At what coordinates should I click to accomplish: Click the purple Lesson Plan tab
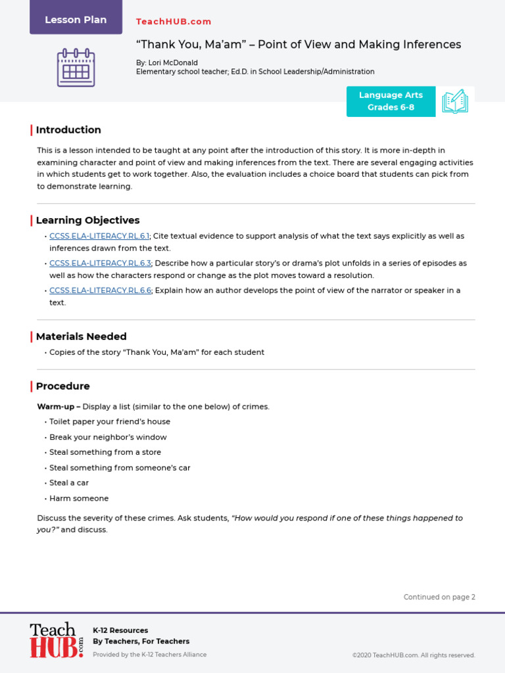(76, 19)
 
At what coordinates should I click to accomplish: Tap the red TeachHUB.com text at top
(174, 22)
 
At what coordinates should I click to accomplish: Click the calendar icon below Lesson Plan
(76, 68)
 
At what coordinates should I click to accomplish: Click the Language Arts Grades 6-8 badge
(391, 101)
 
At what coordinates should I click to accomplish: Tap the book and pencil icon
(455, 101)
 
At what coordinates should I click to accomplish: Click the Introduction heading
(68, 130)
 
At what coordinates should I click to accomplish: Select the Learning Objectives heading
(87, 220)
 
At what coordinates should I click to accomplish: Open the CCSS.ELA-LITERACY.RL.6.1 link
(100, 236)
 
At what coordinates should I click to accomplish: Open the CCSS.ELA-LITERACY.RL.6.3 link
(100, 263)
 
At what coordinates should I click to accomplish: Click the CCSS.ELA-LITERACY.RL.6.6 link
(100, 290)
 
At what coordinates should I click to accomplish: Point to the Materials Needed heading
(81, 336)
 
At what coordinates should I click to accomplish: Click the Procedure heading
(62, 386)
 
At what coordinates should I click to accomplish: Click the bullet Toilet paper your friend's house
(109, 422)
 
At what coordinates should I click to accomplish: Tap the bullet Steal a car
(69, 483)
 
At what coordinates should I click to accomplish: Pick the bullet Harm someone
(79, 499)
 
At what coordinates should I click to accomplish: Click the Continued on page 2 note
(439, 597)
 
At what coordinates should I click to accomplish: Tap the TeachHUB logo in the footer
(57, 640)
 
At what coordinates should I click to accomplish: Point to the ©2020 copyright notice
(413, 655)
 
